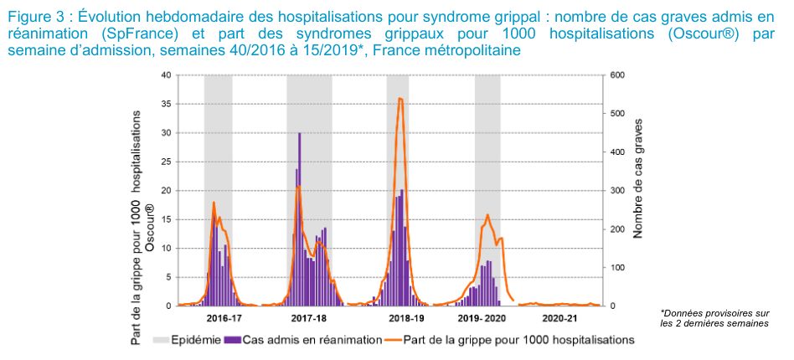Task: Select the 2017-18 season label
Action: [309, 319]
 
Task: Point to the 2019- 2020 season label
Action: [483, 319]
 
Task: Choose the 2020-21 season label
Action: [559, 319]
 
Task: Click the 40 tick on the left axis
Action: [166, 75]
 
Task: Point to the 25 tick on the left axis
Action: [166, 162]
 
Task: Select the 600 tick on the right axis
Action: [617, 75]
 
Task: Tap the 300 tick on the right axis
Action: [617, 191]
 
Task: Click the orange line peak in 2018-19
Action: [400, 98]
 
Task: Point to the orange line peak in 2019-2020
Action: [487, 215]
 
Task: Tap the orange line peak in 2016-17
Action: [214, 203]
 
